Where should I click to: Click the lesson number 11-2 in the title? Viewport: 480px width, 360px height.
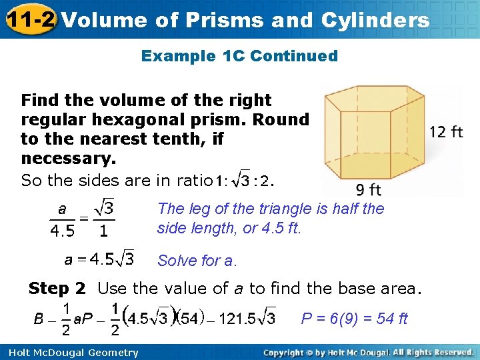pyautogui.click(x=31, y=19)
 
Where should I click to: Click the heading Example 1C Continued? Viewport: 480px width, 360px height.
pyautogui.click(x=239, y=56)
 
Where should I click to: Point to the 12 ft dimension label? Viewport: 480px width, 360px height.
pyautogui.click(x=446, y=131)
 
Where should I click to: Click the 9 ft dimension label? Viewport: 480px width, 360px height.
pyautogui.click(x=368, y=190)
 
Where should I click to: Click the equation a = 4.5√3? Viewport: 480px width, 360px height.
pyautogui.click(x=99, y=258)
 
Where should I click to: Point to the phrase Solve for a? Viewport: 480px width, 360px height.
pyautogui.click(x=197, y=261)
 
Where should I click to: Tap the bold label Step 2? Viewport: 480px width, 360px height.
pyautogui.click(x=57, y=289)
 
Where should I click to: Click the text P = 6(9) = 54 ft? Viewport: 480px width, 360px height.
pyautogui.click(x=354, y=319)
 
